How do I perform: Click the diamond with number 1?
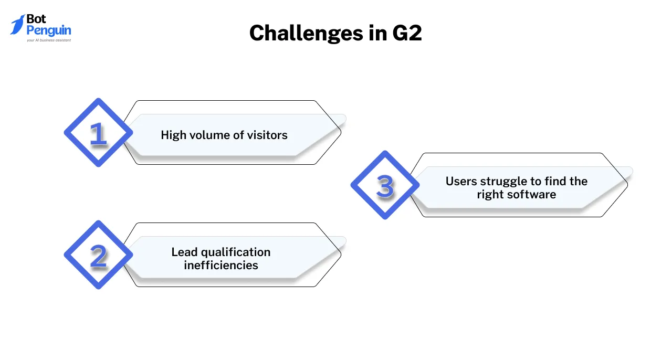click(98, 133)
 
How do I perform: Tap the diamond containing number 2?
click(98, 255)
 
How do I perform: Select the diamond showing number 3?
click(385, 185)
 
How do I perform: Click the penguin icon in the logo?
click(17, 24)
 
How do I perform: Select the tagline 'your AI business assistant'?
click(48, 40)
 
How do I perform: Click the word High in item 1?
click(173, 135)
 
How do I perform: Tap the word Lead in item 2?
click(183, 252)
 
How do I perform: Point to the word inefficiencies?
click(221, 266)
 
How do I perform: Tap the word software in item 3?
click(531, 195)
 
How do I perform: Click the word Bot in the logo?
click(36, 19)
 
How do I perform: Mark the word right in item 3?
click(490, 195)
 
